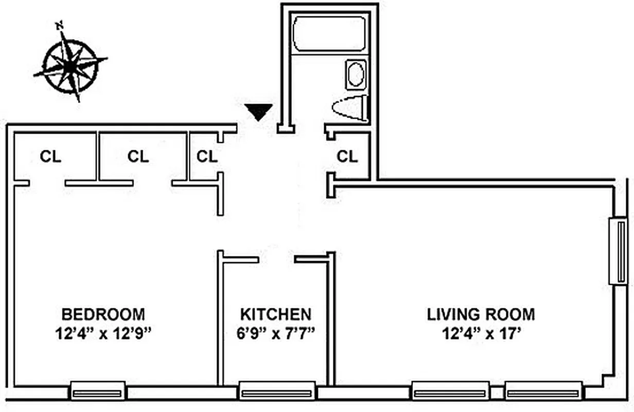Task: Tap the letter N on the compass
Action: tap(60, 24)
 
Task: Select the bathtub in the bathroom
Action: tap(329, 33)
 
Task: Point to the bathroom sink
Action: tap(355, 75)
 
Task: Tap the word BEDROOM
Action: tap(103, 314)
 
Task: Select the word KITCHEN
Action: tap(275, 314)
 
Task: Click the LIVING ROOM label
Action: tap(481, 314)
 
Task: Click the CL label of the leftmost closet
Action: tap(50, 157)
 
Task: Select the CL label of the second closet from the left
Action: tap(138, 157)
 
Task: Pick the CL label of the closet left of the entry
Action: tap(207, 157)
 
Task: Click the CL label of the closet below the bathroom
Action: tap(347, 157)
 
